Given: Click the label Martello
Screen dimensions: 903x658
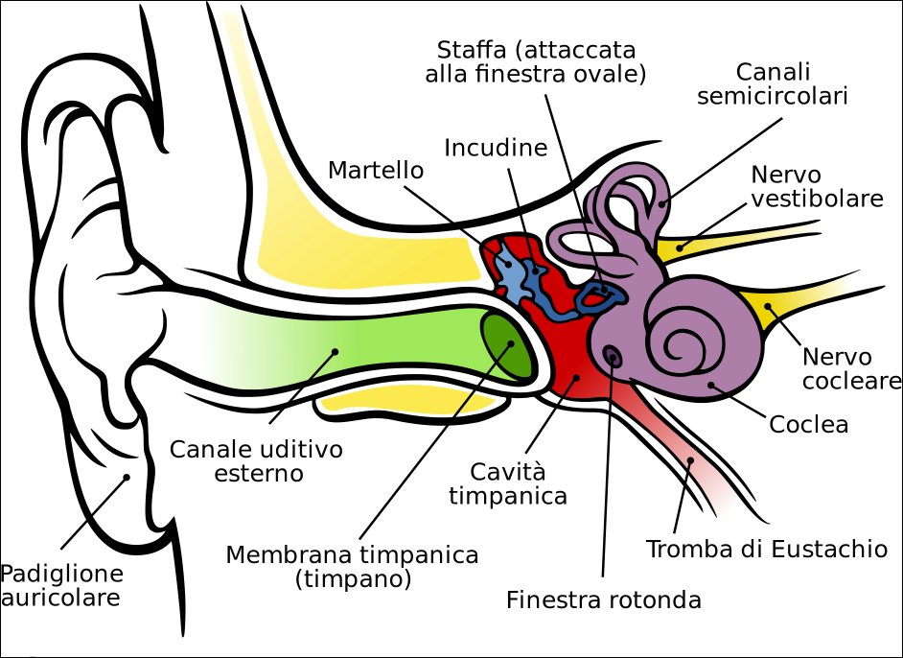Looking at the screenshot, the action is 376,170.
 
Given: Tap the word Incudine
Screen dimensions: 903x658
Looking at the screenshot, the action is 496,148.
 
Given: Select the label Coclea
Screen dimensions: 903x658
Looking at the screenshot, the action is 808,425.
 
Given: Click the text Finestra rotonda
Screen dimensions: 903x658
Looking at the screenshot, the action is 604,599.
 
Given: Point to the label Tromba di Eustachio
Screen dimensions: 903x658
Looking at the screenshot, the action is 767,549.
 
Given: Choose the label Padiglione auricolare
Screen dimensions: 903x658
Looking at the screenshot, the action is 61,585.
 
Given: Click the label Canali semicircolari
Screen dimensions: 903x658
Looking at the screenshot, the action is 773,84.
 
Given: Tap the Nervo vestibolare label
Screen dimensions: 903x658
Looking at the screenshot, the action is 817,186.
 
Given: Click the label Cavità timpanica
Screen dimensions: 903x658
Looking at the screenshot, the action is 508,484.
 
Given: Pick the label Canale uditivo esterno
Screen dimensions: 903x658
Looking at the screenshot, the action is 256,461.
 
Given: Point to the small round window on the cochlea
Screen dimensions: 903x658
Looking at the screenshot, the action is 613,357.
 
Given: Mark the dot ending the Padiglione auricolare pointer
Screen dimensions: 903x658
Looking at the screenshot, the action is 127,477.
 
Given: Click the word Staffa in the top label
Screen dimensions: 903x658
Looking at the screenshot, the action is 471,50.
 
